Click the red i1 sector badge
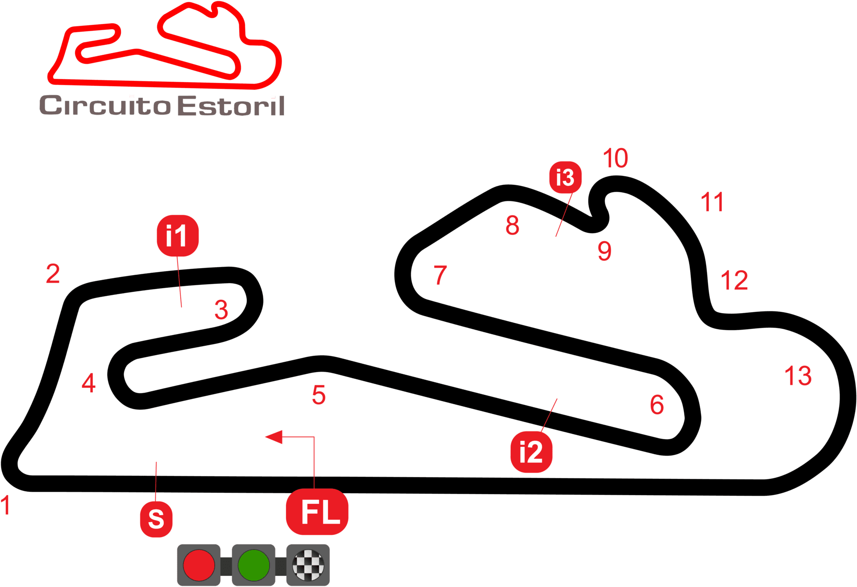[177, 236]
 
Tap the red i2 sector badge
[531, 452]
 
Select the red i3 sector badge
[565, 177]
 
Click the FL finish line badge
[317, 512]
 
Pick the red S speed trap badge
[156, 519]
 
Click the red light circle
[199, 565]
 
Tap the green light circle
[254, 565]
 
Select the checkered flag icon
[308, 565]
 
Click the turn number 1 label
[5, 505]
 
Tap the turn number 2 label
[53, 273]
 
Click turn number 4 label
[88, 383]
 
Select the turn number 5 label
[319, 395]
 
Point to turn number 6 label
[657, 405]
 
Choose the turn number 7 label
[440, 275]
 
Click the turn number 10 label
[615, 158]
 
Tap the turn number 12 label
[734, 281]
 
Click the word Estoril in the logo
[231, 106]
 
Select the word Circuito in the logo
[105, 106]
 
